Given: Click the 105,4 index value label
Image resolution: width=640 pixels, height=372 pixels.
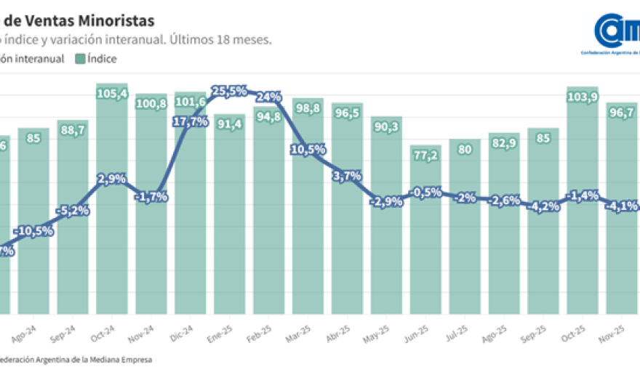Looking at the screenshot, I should click(x=112, y=94).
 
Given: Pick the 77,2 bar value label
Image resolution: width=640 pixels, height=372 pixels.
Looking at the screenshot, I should click(x=425, y=155).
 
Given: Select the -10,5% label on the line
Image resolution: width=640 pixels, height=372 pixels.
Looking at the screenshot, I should click(x=33, y=231).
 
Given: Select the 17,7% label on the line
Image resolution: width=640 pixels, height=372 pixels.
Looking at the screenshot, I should click(x=191, y=122).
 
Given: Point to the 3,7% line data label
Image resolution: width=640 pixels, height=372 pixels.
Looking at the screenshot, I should click(x=347, y=175).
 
